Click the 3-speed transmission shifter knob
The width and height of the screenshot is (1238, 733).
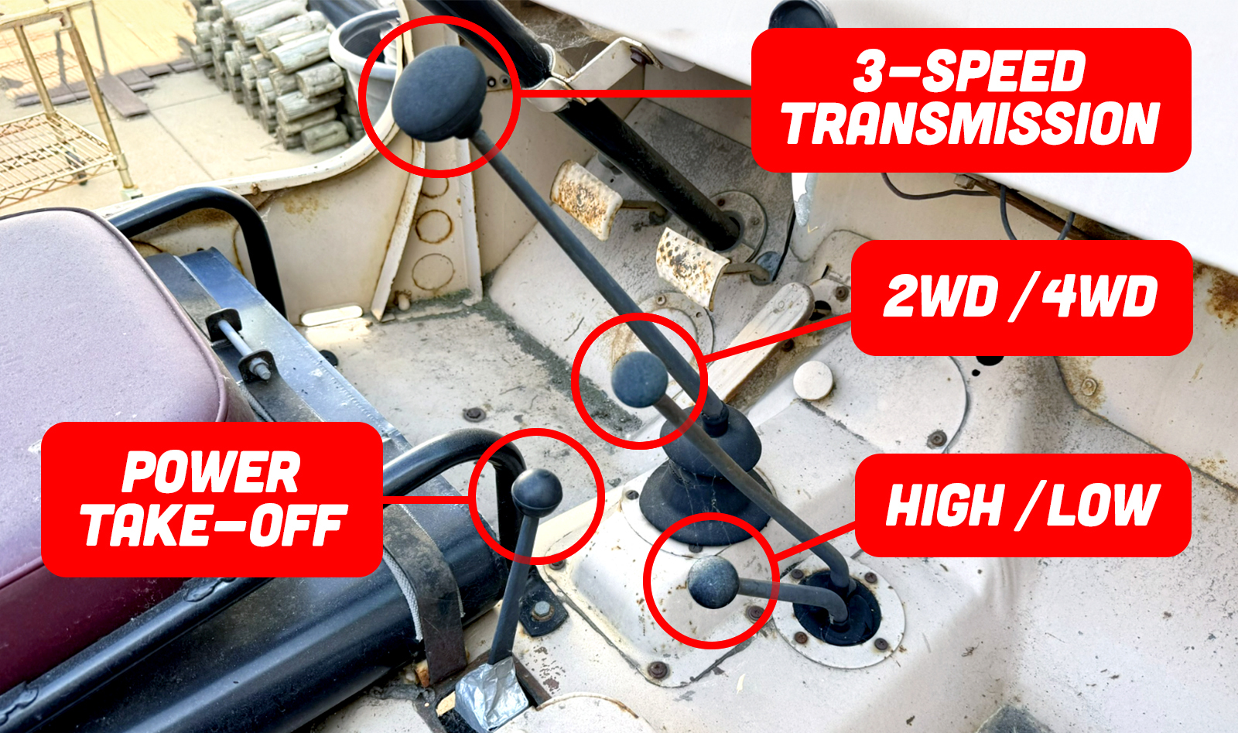coord(439,93)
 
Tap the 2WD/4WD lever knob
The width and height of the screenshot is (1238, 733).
coord(640,380)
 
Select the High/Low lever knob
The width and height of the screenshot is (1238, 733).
coord(713,582)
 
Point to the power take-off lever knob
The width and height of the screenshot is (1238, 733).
coord(537,493)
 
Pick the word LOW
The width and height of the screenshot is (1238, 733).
coord(1102,505)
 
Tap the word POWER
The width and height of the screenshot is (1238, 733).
coord(211,471)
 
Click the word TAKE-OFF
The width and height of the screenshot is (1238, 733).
coord(214,525)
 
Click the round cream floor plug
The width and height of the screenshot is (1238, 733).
coord(813,380)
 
